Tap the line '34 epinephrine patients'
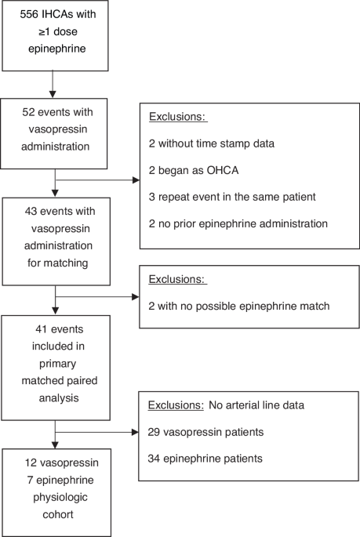point(203,458)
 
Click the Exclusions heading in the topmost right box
point(176,118)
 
